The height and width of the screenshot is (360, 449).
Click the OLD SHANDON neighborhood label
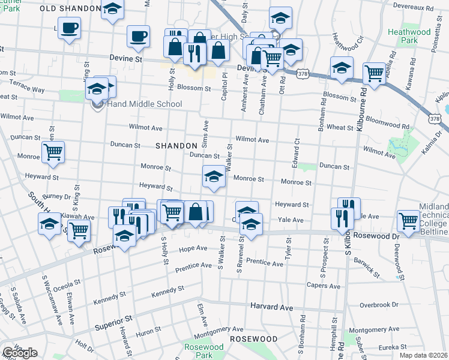[x=70, y=8]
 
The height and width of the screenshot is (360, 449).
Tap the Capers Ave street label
[x=324, y=286]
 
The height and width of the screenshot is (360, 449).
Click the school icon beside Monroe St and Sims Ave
[x=214, y=177]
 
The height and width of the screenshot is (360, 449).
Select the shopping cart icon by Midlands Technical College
[x=408, y=220]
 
